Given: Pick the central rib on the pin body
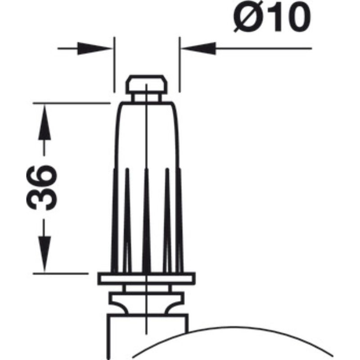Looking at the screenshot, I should pyautogui.click(x=146, y=220).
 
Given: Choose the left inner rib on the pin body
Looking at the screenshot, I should pyautogui.click(x=127, y=220).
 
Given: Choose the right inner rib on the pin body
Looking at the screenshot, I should pyautogui.click(x=167, y=220).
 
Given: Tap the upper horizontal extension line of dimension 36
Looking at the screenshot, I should pyautogui.click(x=72, y=103).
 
